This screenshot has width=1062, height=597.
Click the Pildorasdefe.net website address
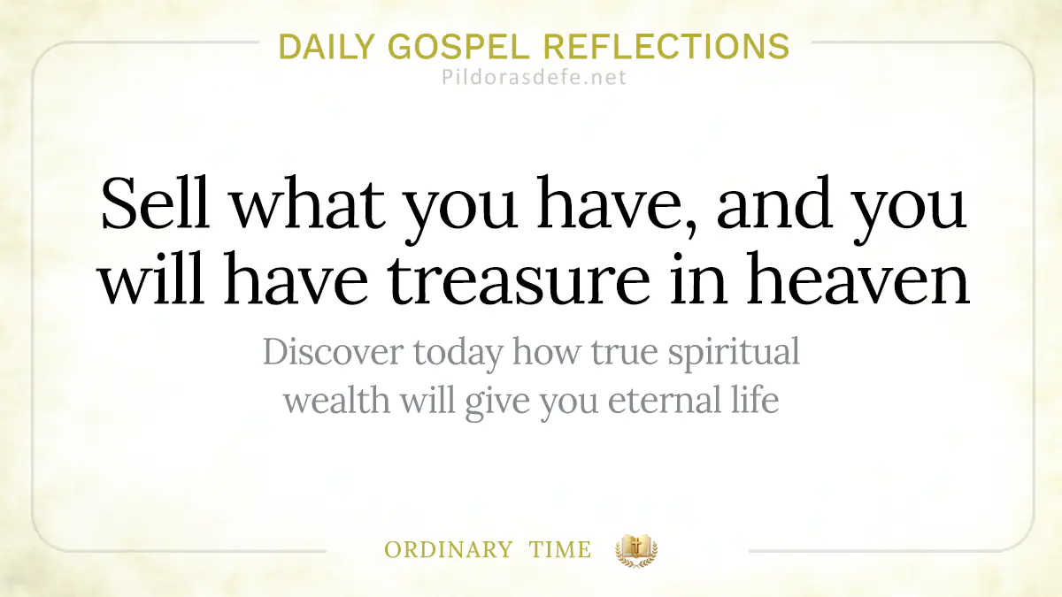(x=534, y=77)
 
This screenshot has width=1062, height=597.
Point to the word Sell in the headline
(x=156, y=203)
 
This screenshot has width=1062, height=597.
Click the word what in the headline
(x=308, y=204)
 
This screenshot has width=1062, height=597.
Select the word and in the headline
(x=774, y=204)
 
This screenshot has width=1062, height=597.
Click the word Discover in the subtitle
(x=334, y=352)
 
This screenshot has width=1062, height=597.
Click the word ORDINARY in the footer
(x=448, y=550)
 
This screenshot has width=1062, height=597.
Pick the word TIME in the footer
(x=560, y=550)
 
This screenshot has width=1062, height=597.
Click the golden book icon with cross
(x=636, y=550)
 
